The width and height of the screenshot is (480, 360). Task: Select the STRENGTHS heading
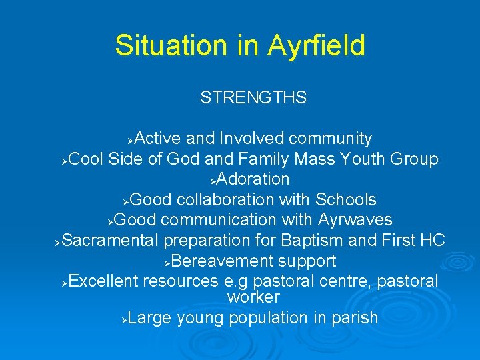(253, 98)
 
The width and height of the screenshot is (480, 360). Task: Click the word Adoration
(253, 179)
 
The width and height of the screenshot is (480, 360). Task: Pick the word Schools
(345, 200)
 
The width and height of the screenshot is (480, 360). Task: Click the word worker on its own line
(253, 297)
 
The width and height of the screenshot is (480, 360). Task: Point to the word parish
(355, 318)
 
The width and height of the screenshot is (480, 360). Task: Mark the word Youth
(366, 159)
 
